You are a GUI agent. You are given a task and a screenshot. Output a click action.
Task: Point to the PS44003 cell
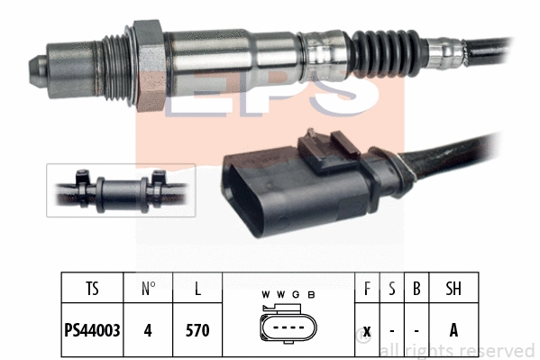click(x=93, y=330)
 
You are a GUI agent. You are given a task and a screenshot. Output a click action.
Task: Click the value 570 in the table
click(x=197, y=330)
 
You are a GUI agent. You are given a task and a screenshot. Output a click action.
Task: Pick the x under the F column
click(x=367, y=330)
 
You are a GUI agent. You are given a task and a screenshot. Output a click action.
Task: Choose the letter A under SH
click(x=453, y=330)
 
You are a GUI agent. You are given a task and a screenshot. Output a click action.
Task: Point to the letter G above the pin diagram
click(x=296, y=295)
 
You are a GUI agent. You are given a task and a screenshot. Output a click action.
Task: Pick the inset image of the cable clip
click(x=121, y=190)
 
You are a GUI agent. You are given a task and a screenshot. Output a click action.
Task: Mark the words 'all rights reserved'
click(x=457, y=350)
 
